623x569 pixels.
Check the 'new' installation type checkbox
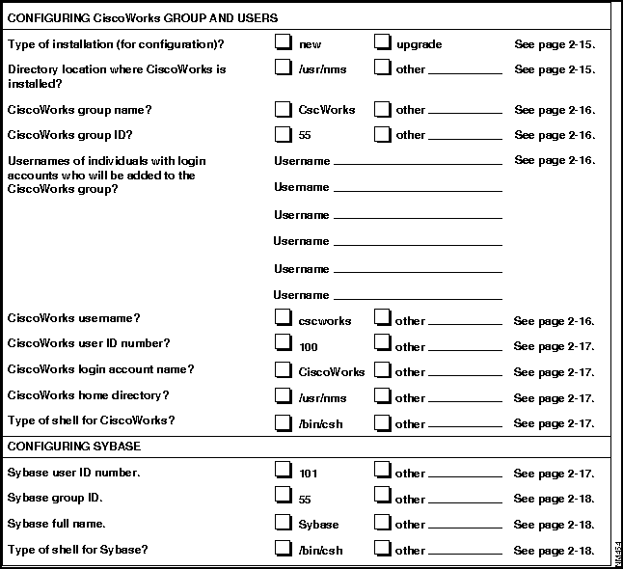(x=283, y=42)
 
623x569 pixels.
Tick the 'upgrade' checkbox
(x=382, y=42)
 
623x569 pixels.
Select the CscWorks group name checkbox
(x=283, y=109)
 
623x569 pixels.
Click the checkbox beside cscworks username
(x=283, y=317)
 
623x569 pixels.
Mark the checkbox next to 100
(x=283, y=342)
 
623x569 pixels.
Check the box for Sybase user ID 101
(x=283, y=470)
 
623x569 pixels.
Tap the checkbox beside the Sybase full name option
(x=283, y=522)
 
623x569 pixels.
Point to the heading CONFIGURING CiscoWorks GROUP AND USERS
(x=142, y=17)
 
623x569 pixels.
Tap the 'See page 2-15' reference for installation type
(x=555, y=44)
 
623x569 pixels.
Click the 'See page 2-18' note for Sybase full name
(x=555, y=525)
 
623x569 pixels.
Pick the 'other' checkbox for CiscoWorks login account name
(x=382, y=368)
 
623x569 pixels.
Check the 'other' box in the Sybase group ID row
(x=382, y=496)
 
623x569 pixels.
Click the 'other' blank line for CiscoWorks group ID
(x=464, y=137)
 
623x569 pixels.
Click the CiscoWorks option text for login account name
(x=332, y=372)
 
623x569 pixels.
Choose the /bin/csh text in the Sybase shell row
(x=321, y=551)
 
